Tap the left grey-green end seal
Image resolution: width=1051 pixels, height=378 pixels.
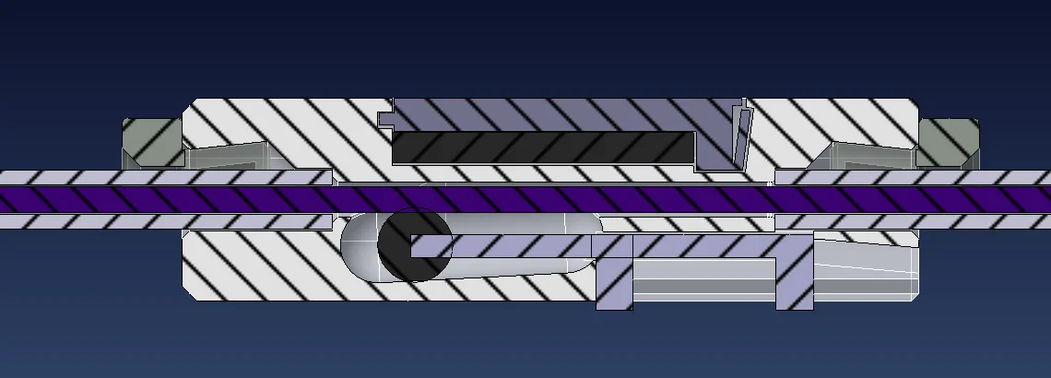[x=152, y=143]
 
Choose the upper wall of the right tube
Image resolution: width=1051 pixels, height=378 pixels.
[x=913, y=178]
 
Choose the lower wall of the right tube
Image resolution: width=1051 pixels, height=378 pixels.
[x=913, y=221]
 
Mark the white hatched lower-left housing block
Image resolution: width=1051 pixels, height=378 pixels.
[x=258, y=267]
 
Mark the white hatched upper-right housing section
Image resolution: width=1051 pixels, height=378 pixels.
[x=830, y=120]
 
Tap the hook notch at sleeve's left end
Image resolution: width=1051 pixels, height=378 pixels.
[x=385, y=118]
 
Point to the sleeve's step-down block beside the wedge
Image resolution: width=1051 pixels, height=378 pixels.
[x=714, y=155]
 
